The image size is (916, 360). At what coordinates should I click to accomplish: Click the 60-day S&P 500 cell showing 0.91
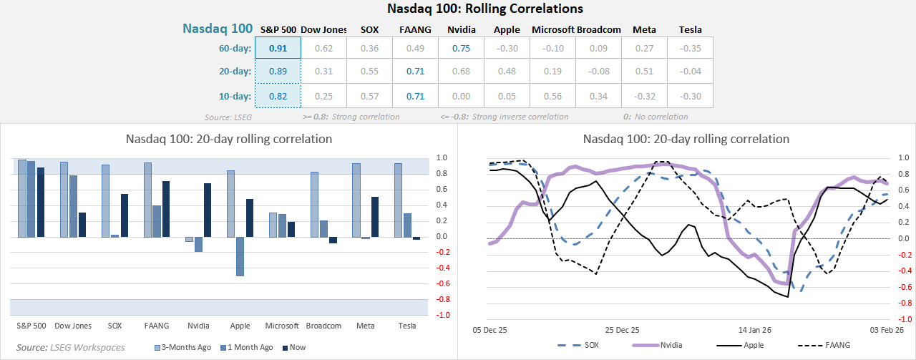[x=278, y=49]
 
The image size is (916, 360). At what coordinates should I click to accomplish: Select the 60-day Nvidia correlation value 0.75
[x=462, y=49]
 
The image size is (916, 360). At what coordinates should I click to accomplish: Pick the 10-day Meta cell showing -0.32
[x=644, y=96]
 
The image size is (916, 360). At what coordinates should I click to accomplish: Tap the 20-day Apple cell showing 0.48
[x=507, y=72]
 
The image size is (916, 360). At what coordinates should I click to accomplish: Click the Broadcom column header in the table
[x=599, y=30]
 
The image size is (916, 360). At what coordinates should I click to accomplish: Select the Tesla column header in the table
[x=690, y=30]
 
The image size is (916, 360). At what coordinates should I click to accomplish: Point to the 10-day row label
[x=236, y=96]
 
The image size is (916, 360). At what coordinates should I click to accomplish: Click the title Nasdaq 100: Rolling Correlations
[x=484, y=9]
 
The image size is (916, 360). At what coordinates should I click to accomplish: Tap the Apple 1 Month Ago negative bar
[x=240, y=256]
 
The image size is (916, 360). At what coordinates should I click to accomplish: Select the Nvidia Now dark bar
[x=208, y=210]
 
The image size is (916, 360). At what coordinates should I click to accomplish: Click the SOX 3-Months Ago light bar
[x=105, y=200]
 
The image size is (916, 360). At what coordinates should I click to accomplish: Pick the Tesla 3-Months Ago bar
[x=398, y=200]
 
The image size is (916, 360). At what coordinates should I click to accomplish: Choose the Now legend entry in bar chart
[x=296, y=347]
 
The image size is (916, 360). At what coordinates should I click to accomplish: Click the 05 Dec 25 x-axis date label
[x=490, y=331]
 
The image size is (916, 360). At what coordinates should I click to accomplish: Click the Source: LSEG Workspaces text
[x=70, y=347]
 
